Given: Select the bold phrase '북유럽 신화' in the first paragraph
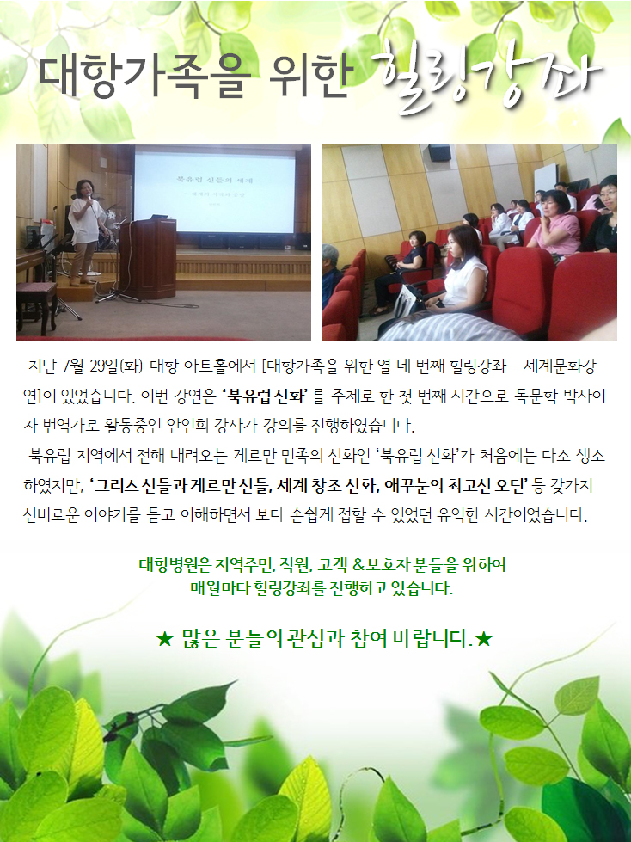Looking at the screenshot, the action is click(264, 396).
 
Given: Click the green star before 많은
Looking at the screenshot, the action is click(164, 639).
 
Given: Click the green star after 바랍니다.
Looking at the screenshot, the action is click(483, 639).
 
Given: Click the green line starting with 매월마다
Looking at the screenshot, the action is click(322, 588).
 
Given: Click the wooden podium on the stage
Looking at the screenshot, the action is click(148, 258).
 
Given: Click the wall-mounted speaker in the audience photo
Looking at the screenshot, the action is click(439, 152).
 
